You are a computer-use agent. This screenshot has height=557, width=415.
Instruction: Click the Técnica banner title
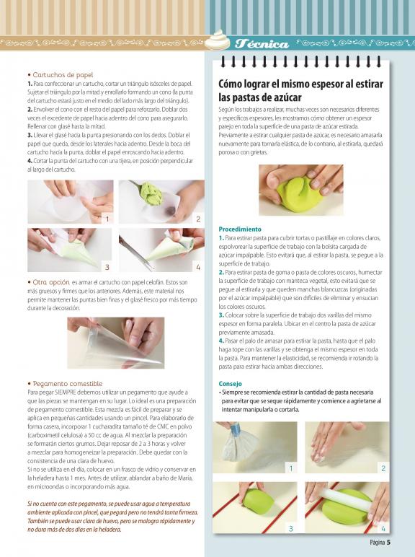[x=262, y=44]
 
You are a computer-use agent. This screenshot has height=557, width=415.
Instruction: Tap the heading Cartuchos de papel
[x=63, y=74]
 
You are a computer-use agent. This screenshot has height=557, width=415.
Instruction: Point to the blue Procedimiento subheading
[x=240, y=229]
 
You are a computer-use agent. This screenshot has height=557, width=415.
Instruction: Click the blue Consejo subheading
[x=231, y=384]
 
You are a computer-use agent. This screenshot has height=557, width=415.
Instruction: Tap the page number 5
[x=389, y=543]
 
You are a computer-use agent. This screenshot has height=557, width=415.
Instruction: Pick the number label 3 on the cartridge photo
[x=107, y=267]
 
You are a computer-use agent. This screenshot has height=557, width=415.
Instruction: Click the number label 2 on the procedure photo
[x=383, y=468]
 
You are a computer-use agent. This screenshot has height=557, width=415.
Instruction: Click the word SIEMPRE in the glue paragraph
[x=66, y=392]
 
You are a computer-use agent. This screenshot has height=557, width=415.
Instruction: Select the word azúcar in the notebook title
[x=278, y=97]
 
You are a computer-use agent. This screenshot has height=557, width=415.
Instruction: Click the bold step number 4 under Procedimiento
[x=221, y=341]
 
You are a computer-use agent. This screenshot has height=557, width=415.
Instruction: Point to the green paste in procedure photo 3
[x=258, y=501]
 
